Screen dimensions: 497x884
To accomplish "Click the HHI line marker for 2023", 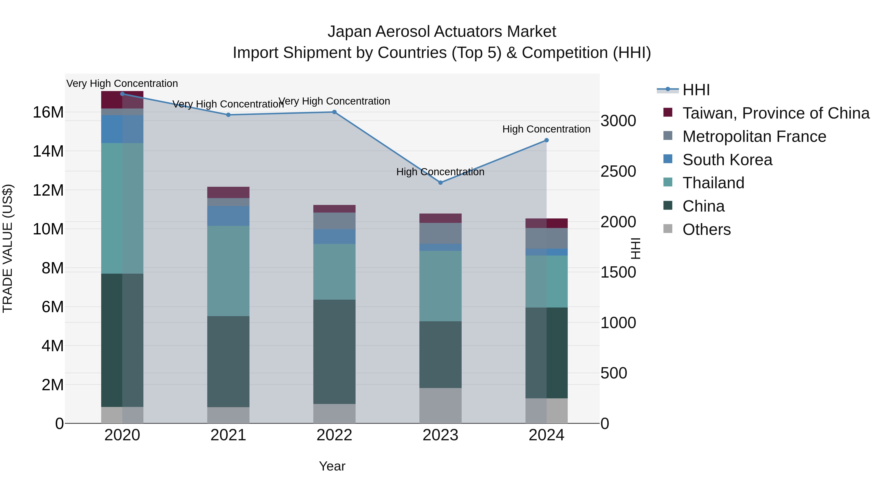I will [x=441, y=182].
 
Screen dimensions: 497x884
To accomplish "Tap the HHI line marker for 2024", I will [x=547, y=140].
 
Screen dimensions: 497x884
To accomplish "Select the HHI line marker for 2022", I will [x=335, y=112].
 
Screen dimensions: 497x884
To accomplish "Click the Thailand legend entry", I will [x=713, y=183].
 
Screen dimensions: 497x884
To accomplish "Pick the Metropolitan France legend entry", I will [x=754, y=136].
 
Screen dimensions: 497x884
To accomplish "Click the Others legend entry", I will [x=706, y=229].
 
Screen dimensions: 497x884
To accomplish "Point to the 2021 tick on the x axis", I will [x=228, y=435].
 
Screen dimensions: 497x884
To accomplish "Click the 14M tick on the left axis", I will [x=48, y=151].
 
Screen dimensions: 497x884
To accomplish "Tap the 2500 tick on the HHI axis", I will [x=618, y=172].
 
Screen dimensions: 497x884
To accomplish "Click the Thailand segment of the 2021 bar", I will [x=228, y=271].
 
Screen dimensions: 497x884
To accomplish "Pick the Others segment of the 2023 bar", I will [x=441, y=406].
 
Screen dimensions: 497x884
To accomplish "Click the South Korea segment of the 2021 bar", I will [x=228, y=216].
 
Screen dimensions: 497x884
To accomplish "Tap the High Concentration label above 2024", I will [x=546, y=129].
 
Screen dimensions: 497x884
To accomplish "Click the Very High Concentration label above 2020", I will [x=122, y=84].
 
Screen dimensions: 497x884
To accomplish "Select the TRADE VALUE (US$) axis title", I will [x=8, y=248].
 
